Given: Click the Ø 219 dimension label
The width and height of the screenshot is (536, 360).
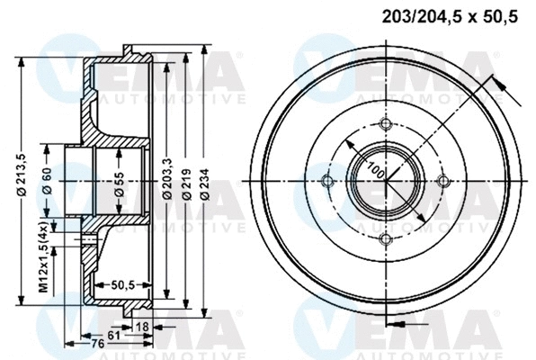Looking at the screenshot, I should click(x=187, y=179).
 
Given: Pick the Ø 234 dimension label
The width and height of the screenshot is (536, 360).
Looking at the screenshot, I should click(x=207, y=179).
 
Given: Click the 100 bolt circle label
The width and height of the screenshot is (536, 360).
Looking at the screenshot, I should click(x=371, y=172).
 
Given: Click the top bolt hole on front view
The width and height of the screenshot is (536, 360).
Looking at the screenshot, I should click(x=386, y=124).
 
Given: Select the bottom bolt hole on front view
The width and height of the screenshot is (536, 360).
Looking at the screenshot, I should click(x=386, y=238).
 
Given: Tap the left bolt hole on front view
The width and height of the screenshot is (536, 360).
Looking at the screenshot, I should click(x=328, y=181).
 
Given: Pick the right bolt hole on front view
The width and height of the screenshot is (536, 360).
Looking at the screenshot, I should click(x=442, y=181).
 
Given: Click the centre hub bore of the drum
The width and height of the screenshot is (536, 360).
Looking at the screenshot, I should click(x=386, y=181).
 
